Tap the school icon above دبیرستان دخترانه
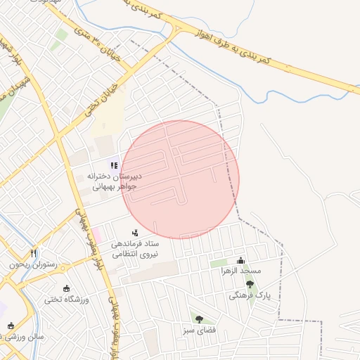tap(114, 165)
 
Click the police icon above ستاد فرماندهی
tap(135, 232)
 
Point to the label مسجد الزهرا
tap(241, 270)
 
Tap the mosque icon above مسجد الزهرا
tap(241, 260)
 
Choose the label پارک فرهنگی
tap(250, 296)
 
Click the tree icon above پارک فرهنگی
tap(250, 285)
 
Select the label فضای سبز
tap(198, 330)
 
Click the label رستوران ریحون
tap(32, 264)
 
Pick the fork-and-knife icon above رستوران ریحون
tap(33, 253)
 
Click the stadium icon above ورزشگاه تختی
tap(67, 288)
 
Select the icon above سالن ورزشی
tap(10, 326)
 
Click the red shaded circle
tap(181, 179)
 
